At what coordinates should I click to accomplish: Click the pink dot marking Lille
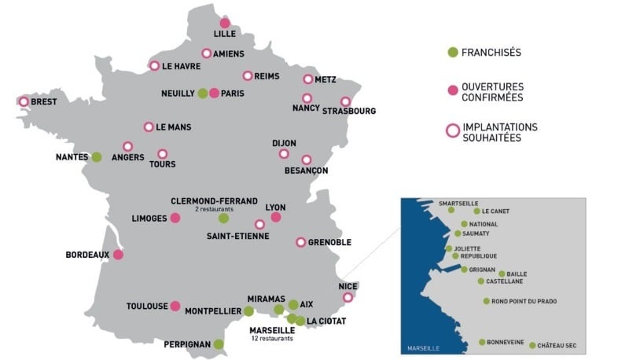225,23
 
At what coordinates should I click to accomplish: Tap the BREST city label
44,101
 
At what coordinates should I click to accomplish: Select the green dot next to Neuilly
203,93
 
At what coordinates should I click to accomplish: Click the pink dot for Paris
214,93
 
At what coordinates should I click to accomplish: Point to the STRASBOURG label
348,112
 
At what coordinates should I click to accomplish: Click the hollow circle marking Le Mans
149,127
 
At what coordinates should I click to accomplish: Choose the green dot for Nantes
97,157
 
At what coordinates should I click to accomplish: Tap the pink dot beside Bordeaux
118,255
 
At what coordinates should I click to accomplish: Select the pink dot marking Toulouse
175,306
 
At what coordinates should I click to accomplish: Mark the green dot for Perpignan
219,343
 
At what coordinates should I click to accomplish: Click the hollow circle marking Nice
348,297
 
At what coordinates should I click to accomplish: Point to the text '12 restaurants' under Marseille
272,339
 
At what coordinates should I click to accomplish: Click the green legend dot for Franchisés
452,53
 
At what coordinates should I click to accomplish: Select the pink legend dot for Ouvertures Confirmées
452,86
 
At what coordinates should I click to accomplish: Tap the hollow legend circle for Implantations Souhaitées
452,130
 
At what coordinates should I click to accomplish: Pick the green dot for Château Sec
532,345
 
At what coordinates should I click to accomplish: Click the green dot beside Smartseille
451,209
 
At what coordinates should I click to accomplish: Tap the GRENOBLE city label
330,242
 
